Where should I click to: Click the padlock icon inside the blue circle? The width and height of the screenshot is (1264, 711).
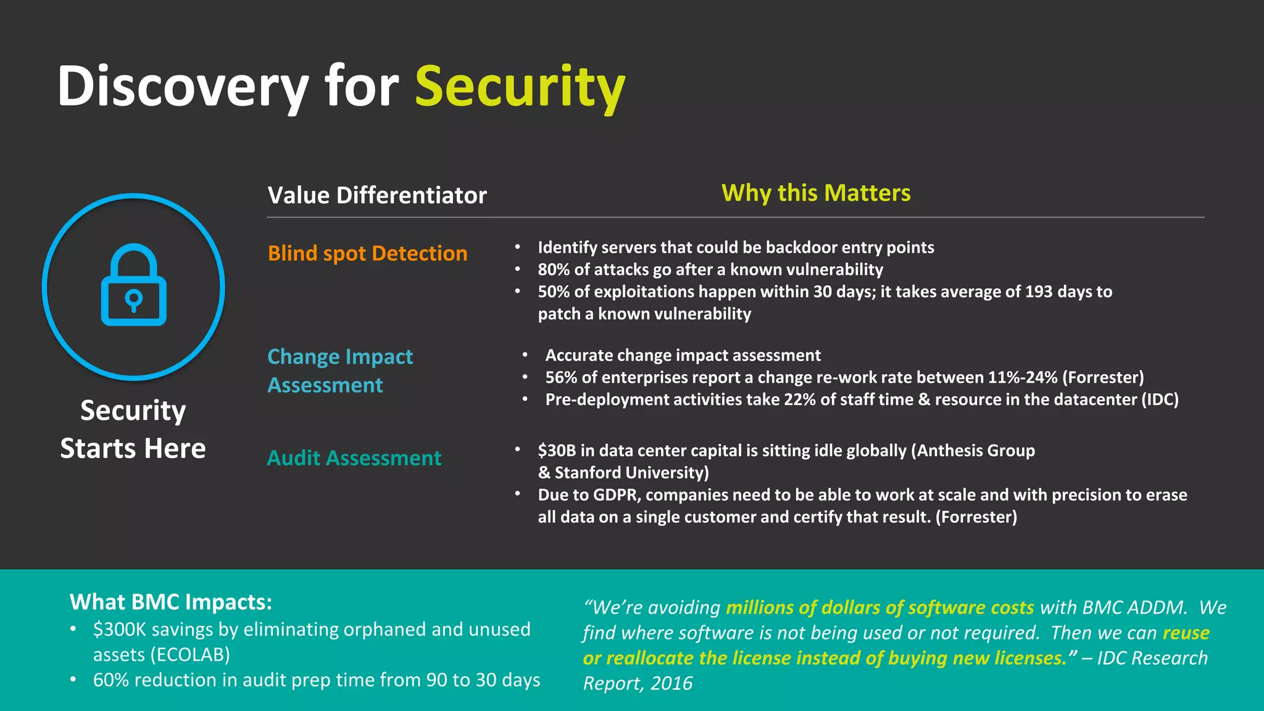134,285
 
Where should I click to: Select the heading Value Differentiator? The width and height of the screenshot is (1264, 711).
377,195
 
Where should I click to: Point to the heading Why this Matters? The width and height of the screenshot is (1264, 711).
816,193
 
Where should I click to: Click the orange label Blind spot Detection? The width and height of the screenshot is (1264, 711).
367,253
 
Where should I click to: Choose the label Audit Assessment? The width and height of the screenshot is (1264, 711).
354,458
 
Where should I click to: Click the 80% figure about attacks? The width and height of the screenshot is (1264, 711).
554,270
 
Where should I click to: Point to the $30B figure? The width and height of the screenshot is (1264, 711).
557,451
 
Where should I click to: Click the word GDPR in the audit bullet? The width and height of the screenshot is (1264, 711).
616,495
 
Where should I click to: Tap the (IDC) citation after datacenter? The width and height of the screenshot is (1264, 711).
1160,399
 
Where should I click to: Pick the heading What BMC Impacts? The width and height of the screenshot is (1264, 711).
171,602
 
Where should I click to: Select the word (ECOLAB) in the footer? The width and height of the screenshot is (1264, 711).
190,655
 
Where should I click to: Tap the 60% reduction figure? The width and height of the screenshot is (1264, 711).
111,680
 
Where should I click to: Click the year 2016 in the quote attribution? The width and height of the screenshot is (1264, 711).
671,683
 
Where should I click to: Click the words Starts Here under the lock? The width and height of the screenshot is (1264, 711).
133,448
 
